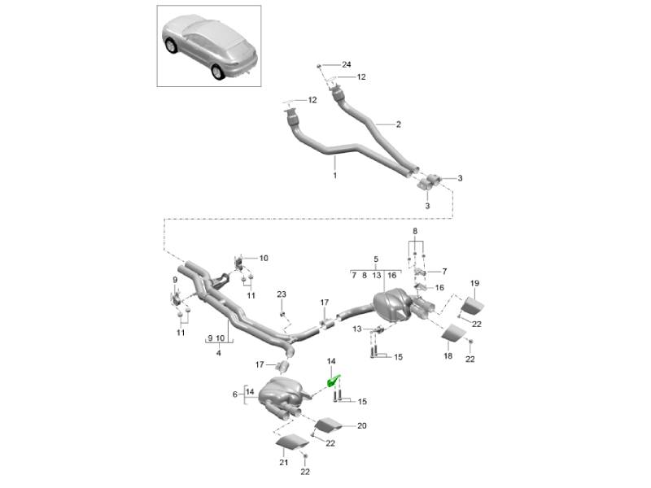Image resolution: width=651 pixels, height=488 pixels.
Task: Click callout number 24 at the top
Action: click(x=346, y=64)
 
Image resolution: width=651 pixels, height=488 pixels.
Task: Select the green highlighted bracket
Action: click(x=333, y=378)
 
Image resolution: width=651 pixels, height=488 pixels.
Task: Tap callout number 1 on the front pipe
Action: click(x=334, y=175)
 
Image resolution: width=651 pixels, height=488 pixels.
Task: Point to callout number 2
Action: click(x=399, y=124)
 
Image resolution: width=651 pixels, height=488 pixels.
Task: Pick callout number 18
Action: click(x=446, y=355)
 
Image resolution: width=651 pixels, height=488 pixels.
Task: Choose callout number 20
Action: click(x=362, y=425)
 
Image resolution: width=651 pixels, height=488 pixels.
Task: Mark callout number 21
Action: click(x=285, y=463)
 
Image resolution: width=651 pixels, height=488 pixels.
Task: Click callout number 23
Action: click(x=282, y=294)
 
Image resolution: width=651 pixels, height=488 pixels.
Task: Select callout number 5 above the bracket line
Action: click(x=376, y=260)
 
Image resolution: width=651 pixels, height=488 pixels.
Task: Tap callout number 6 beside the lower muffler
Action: click(x=234, y=394)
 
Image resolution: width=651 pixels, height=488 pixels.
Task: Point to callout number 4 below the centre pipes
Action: click(x=218, y=353)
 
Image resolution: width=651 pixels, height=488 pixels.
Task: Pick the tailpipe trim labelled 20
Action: click(x=327, y=425)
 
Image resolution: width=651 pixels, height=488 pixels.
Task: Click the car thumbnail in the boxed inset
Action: click(x=208, y=47)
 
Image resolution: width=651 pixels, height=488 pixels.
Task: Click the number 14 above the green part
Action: click(x=331, y=360)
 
